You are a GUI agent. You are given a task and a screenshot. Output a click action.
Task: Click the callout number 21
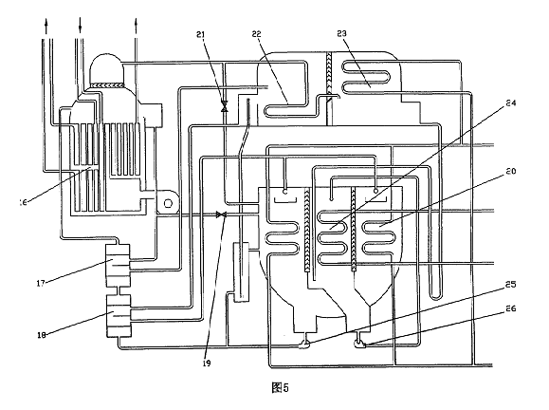click(201, 34)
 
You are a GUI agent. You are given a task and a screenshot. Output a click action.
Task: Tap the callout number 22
click(257, 33)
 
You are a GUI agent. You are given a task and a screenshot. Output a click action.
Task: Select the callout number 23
click(341, 33)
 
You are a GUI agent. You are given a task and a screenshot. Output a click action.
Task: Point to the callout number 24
click(511, 102)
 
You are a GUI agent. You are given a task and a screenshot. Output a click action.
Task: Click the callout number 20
click(511, 171)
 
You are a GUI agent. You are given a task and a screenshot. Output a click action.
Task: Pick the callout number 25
click(511, 284)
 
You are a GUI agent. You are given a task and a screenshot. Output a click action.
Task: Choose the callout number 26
click(511, 308)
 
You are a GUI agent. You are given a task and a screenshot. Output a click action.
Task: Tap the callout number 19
click(207, 363)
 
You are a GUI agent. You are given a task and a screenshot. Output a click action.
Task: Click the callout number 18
click(42, 335)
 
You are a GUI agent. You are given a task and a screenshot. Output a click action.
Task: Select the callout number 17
click(41, 283)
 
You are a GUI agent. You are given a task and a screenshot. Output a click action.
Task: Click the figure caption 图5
click(280, 387)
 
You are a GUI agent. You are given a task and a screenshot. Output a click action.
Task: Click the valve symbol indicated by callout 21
click(225, 106)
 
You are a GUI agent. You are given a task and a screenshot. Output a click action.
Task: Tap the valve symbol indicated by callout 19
click(221, 214)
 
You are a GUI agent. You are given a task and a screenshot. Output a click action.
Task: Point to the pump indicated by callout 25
click(304, 345)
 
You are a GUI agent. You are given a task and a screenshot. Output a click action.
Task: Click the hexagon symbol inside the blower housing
click(168, 203)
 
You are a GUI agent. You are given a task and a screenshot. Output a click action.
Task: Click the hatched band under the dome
click(107, 84)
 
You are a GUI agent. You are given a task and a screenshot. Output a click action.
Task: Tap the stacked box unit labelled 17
click(118, 266)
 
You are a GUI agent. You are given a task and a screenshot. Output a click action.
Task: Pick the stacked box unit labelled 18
click(119, 316)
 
